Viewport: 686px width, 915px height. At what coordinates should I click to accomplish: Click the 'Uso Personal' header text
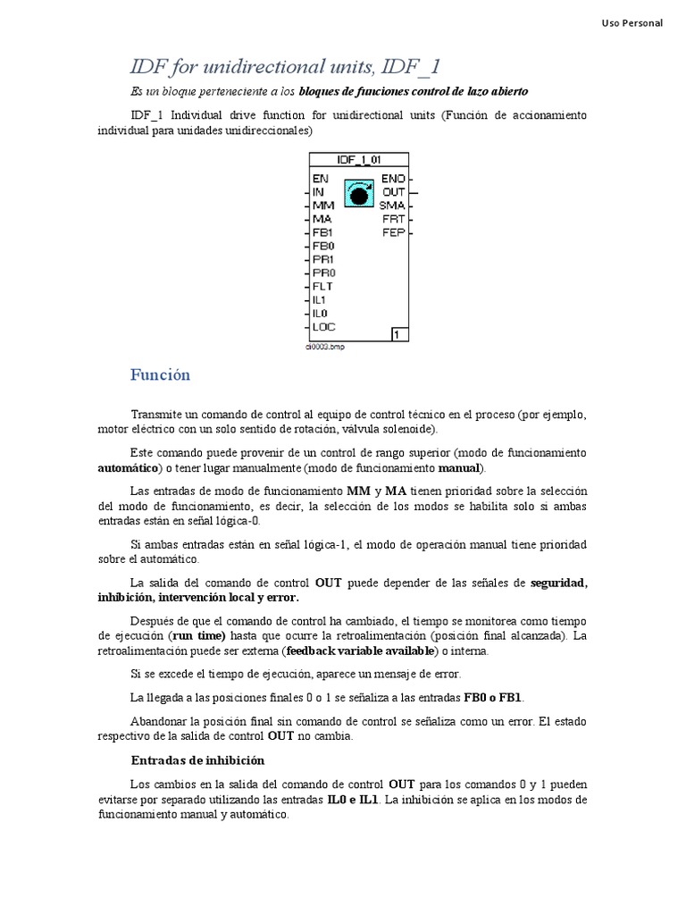[x=631, y=23]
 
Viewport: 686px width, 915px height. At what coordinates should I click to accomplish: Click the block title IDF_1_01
[x=357, y=159]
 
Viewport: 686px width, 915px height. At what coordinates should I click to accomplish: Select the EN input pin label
[x=321, y=178]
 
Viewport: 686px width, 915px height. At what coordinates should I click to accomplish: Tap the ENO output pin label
[x=393, y=178]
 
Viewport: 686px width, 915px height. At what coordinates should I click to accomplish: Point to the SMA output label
[x=392, y=205]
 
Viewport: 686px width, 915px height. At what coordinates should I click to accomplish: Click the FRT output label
[x=393, y=218]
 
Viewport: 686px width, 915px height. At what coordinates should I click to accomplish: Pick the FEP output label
[x=393, y=231]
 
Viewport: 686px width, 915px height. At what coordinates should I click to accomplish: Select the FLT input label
[x=323, y=286]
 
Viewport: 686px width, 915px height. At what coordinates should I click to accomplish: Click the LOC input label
[x=324, y=326]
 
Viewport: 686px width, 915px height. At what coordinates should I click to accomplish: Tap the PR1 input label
[x=323, y=259]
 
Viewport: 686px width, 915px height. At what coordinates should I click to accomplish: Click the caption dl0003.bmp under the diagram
[x=325, y=347]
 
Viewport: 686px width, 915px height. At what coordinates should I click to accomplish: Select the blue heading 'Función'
[x=160, y=375]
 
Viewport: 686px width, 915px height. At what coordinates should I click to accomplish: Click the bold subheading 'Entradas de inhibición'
[x=197, y=760]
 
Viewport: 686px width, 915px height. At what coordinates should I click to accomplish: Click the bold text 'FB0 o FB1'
[x=494, y=696]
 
